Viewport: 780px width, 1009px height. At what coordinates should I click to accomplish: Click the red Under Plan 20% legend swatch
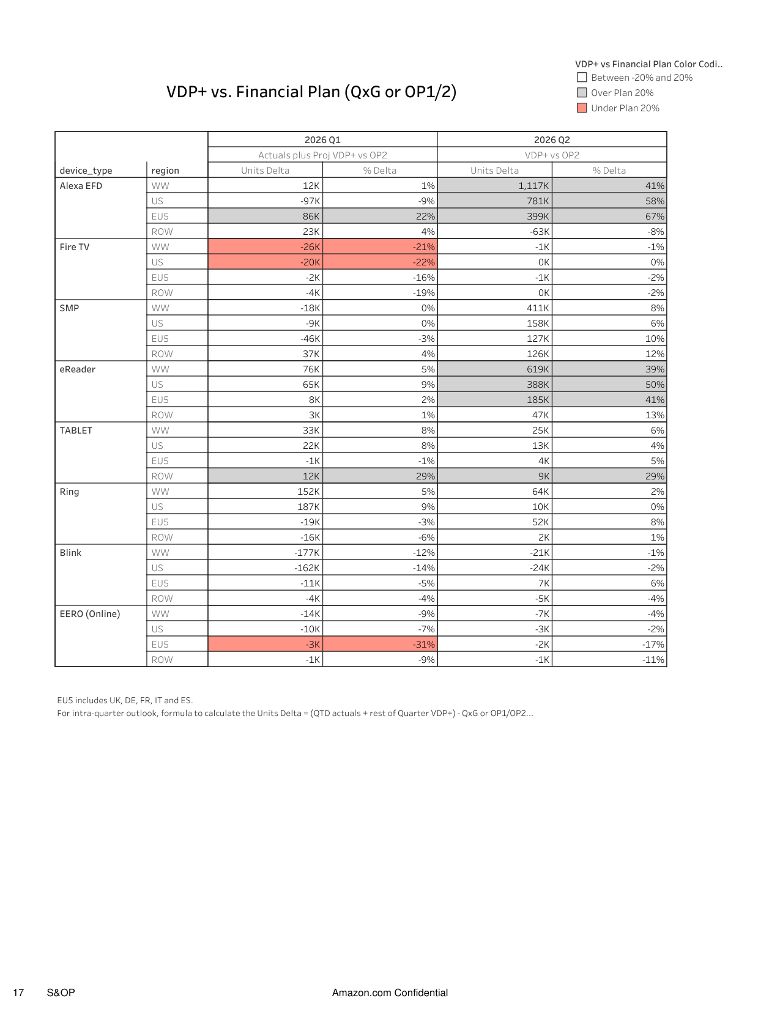point(582,108)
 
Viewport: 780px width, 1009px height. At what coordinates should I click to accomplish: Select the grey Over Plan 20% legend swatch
point(582,93)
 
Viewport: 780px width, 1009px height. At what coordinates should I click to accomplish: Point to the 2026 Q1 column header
point(322,140)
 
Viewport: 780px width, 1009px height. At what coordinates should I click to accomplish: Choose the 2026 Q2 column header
point(552,140)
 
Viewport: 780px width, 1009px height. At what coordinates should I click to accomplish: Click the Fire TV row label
point(75,247)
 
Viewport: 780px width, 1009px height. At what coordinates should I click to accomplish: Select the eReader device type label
point(78,369)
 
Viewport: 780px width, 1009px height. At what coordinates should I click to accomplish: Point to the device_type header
point(86,171)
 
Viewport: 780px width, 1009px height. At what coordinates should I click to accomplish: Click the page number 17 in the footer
point(18,992)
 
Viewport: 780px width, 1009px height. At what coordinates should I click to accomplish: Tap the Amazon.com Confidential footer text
point(390,992)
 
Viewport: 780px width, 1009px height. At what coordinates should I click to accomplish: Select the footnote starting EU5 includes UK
point(125,700)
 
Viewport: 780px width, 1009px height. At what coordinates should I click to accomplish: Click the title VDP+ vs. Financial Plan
point(311,92)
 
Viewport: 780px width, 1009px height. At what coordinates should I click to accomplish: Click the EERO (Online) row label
point(90,614)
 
